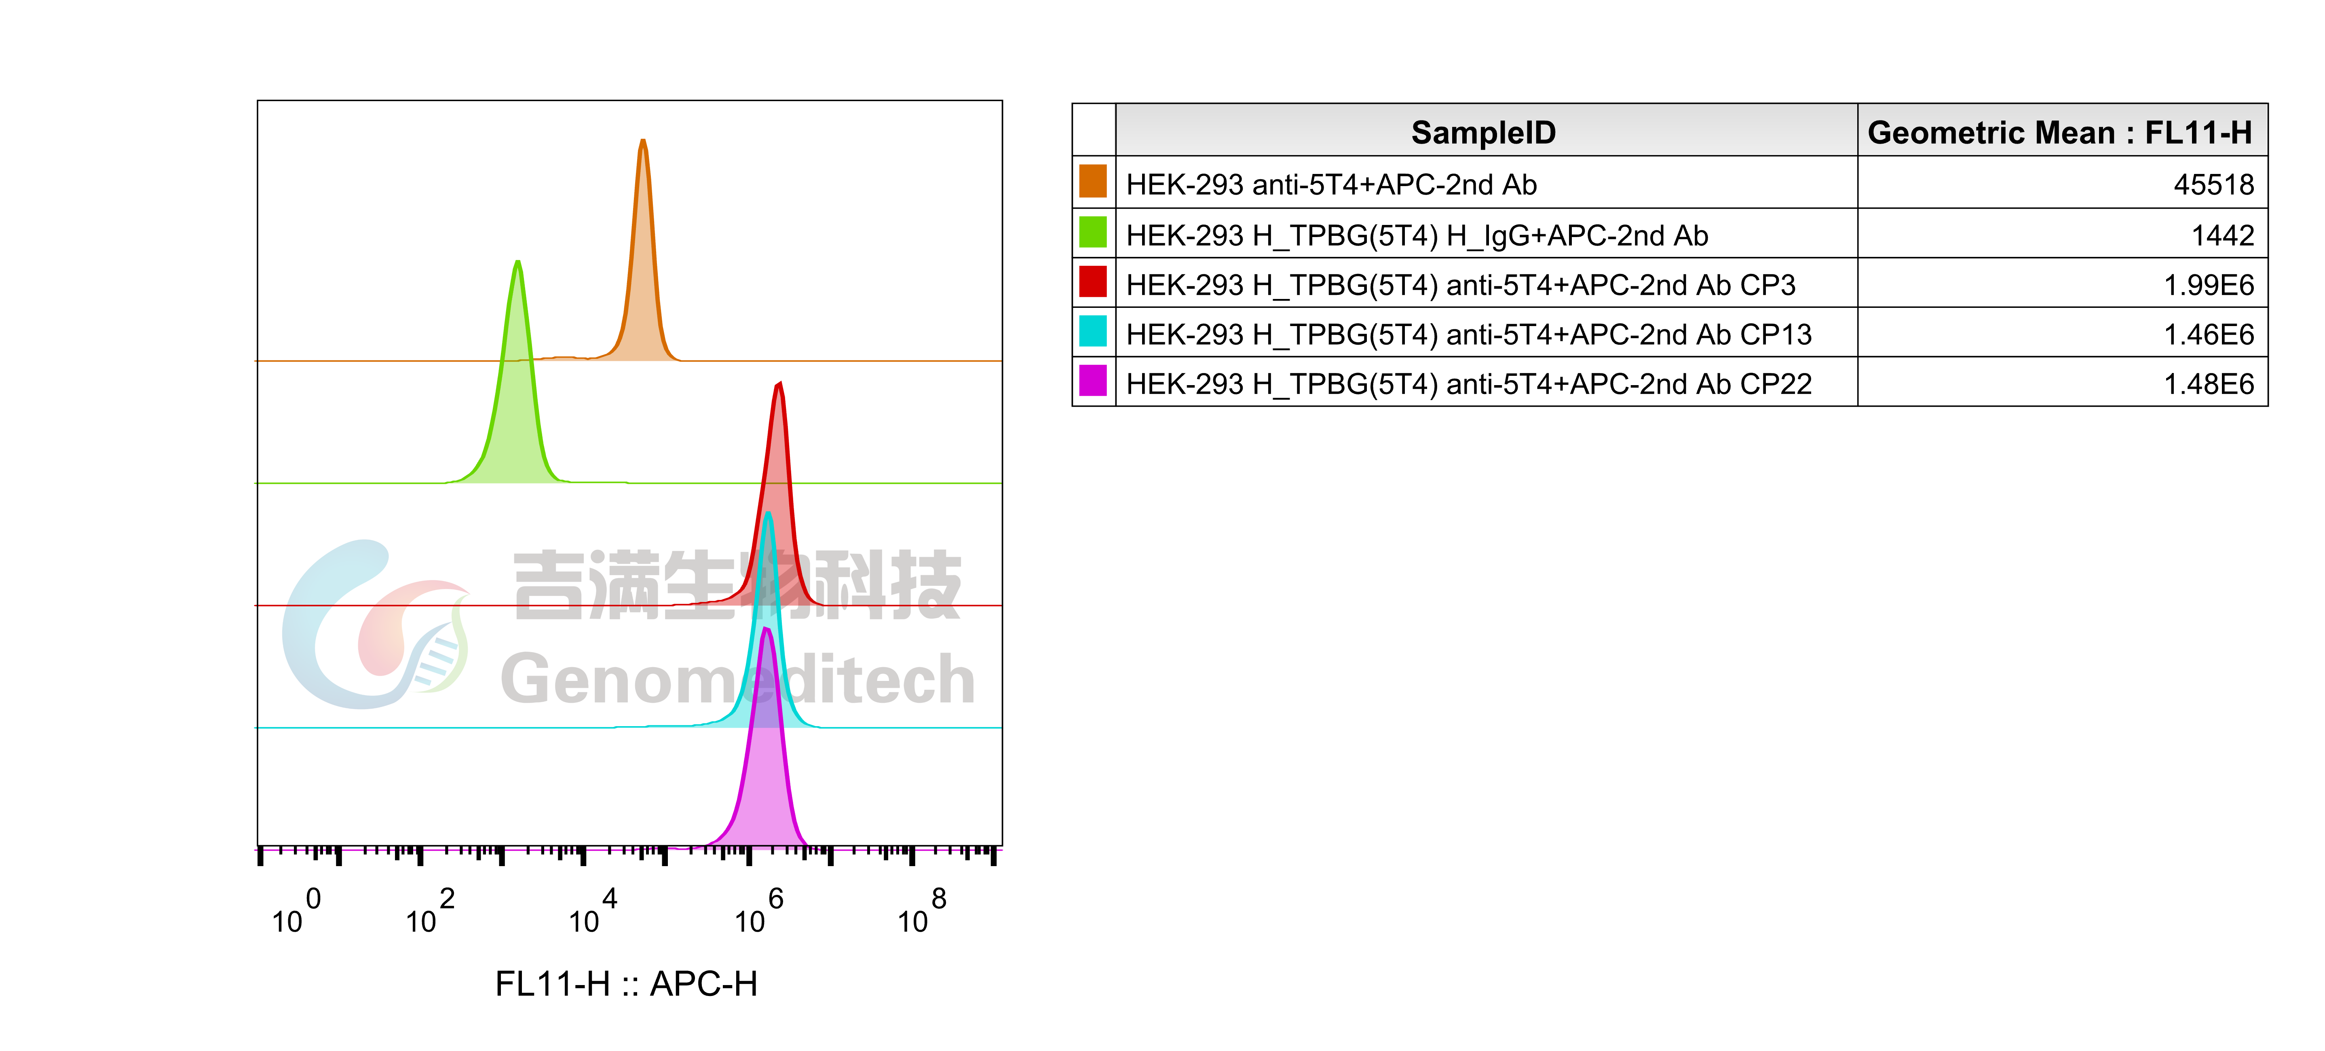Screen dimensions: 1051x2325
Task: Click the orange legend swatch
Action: coord(1092,180)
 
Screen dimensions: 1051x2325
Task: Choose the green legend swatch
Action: coord(1092,231)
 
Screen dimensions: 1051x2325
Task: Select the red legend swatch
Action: coord(1092,281)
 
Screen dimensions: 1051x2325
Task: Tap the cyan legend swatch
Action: coord(1092,331)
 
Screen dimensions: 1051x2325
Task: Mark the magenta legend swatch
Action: coord(1092,380)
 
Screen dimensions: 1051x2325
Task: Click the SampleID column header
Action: coord(1483,133)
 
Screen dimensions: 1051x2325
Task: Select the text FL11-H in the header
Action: coord(2198,133)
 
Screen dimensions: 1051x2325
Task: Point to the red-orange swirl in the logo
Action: coord(397,623)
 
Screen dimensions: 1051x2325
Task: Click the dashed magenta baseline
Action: coord(451,850)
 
